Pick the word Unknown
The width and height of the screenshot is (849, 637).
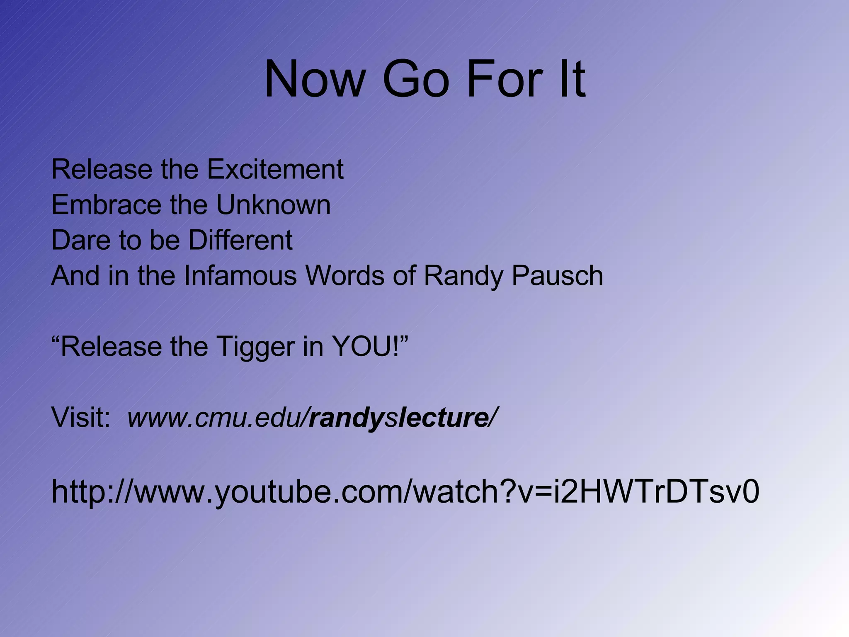point(273,205)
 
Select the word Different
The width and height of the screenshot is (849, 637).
point(240,240)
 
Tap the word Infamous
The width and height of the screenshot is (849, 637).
point(240,276)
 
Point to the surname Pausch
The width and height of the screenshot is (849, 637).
point(557,276)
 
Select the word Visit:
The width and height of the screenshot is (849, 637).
point(81,418)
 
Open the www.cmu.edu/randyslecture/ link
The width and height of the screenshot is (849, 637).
point(311,418)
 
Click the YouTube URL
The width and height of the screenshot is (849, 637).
point(405,492)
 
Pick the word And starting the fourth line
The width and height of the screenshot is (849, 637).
point(75,276)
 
